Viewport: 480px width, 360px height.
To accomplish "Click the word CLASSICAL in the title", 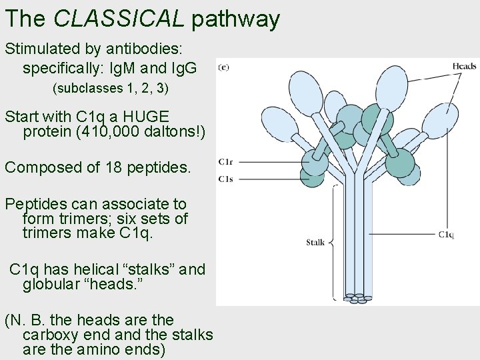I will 118,19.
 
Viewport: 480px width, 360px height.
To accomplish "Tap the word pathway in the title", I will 236,20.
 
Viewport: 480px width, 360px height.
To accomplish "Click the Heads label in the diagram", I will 464,66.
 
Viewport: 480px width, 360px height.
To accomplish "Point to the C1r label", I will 226,161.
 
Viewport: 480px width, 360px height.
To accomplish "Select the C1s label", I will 226,178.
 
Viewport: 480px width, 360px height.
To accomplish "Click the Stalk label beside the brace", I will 315,242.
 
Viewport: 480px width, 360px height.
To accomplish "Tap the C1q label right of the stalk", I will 446,234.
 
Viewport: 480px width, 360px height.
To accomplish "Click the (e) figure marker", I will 224,66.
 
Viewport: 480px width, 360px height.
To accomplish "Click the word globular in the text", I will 51,285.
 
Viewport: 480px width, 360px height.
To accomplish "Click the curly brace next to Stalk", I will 333,241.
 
